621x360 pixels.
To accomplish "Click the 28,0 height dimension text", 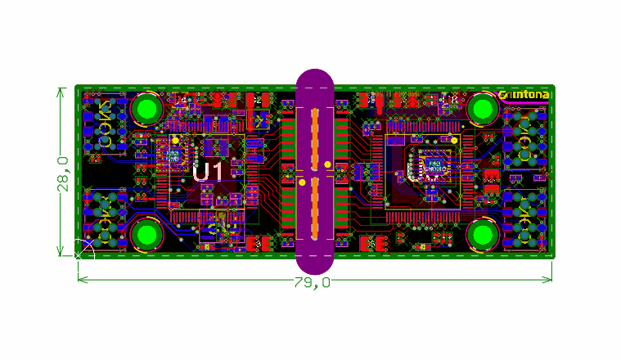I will point(64,173).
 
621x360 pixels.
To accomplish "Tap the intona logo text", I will point(524,95).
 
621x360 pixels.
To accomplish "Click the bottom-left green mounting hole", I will point(148,235).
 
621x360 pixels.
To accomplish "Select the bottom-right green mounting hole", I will point(483,235).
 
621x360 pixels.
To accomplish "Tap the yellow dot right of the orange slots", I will point(328,164).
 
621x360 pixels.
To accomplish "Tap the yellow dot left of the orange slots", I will point(301,173).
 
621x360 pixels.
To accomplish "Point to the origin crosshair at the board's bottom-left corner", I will point(79,255).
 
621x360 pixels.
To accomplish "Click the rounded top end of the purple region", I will point(315,78).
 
